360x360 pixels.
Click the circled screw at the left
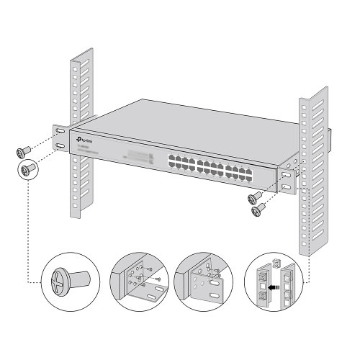coord(29,170)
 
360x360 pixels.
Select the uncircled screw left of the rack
coord(22,151)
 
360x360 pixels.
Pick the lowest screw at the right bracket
coord(258,210)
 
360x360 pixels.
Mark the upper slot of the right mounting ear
coord(287,174)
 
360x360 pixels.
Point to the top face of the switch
coord(187,126)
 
